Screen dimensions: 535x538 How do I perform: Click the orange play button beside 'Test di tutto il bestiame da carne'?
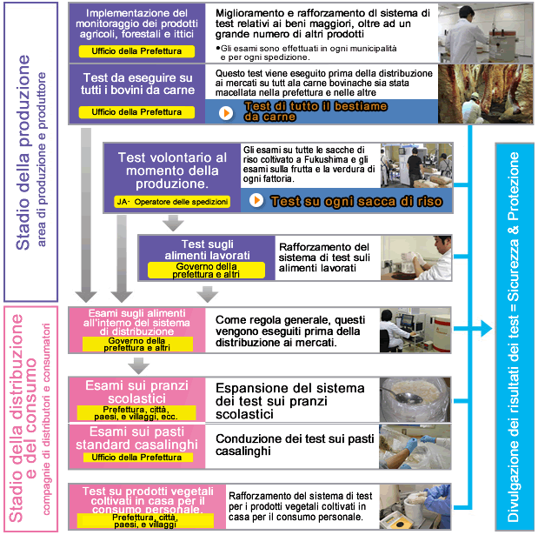(x=226, y=112)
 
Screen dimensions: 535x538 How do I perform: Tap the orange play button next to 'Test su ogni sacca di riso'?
(x=256, y=201)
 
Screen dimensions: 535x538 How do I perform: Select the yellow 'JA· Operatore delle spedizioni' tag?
(x=172, y=202)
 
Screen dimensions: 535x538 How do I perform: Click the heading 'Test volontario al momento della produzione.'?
(x=172, y=171)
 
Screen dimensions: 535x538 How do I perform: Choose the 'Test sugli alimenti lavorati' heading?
(x=206, y=251)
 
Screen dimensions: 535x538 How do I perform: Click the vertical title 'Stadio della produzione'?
(x=24, y=153)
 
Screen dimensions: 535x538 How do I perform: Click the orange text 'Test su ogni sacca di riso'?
(x=356, y=201)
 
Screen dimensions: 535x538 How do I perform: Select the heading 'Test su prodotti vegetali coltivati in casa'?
(x=136, y=499)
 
